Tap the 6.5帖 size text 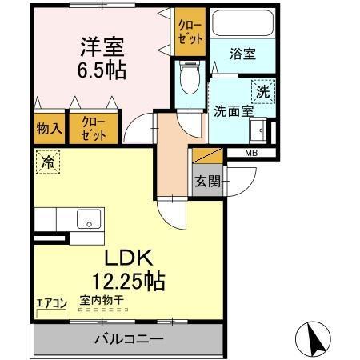tap(102, 70)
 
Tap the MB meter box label tap(250, 152)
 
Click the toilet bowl tap(189, 80)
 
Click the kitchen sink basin tap(86, 217)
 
